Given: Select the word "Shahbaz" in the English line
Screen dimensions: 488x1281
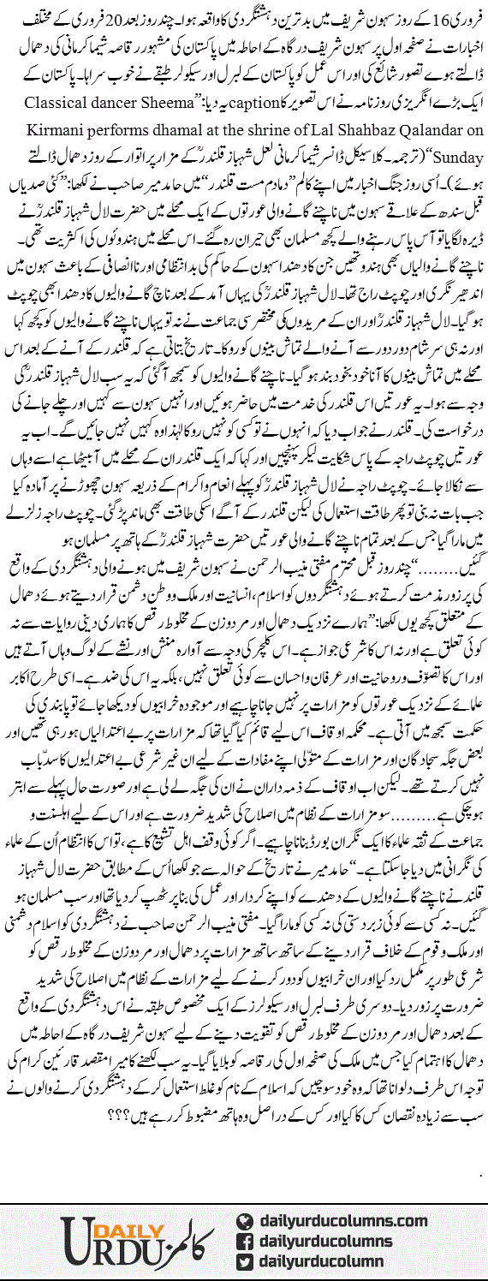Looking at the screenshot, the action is (x=348, y=136).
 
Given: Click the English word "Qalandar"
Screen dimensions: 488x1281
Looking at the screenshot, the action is (x=416, y=136).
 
